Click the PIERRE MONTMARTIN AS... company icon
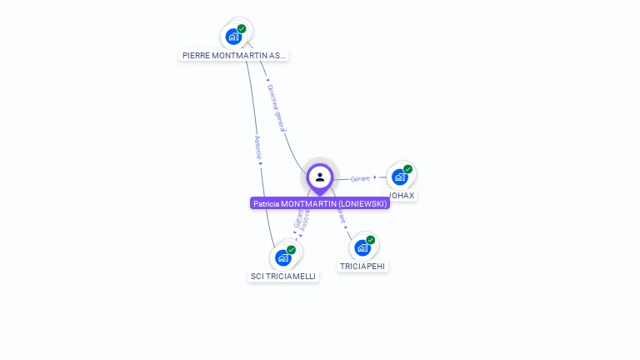click(x=233, y=37)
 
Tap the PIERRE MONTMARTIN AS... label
click(x=234, y=56)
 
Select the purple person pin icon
click(x=320, y=177)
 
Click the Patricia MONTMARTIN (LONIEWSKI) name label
click(x=320, y=203)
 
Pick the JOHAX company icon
click(x=400, y=177)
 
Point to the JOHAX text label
click(x=402, y=196)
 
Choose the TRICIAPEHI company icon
click(x=362, y=247)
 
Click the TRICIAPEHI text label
click(x=362, y=267)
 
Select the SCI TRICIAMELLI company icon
click(x=283, y=257)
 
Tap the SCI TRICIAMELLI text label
click(x=283, y=277)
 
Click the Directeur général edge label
click(x=276, y=107)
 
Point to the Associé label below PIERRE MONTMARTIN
click(x=258, y=147)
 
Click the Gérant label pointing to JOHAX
click(x=360, y=179)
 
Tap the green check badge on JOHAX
click(x=408, y=169)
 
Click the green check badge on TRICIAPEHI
click(x=371, y=240)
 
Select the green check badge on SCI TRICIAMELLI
click(x=292, y=250)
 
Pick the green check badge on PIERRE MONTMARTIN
click(x=242, y=29)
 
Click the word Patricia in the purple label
click(x=266, y=203)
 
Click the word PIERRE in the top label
click(x=196, y=56)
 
